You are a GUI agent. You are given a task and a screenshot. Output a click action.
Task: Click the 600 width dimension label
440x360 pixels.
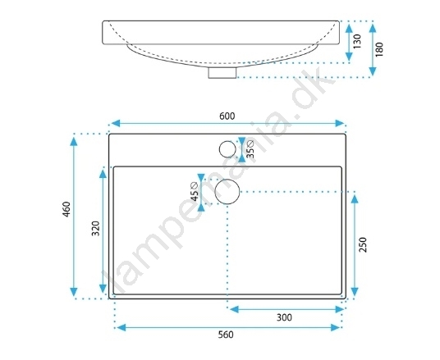tap(227, 116)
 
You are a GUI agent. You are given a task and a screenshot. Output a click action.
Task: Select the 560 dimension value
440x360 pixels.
tap(226, 335)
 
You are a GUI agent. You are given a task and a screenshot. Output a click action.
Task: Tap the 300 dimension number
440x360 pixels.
tap(284, 317)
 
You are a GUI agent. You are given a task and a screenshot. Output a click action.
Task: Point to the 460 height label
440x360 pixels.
tap(66, 209)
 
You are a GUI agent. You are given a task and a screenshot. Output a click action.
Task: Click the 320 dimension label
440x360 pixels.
tap(96, 229)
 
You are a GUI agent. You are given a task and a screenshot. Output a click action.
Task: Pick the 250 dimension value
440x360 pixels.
tap(363, 244)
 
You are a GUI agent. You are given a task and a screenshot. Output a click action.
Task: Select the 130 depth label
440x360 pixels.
tap(357, 42)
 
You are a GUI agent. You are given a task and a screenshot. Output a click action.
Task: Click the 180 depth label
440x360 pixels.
tap(379, 49)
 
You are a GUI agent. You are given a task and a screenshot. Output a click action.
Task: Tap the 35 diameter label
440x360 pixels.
tap(250, 149)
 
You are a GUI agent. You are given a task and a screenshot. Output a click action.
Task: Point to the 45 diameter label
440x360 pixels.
tap(195, 192)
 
